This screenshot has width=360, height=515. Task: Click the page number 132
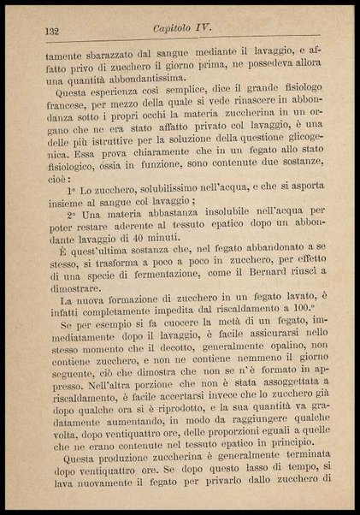[x=51, y=30]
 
